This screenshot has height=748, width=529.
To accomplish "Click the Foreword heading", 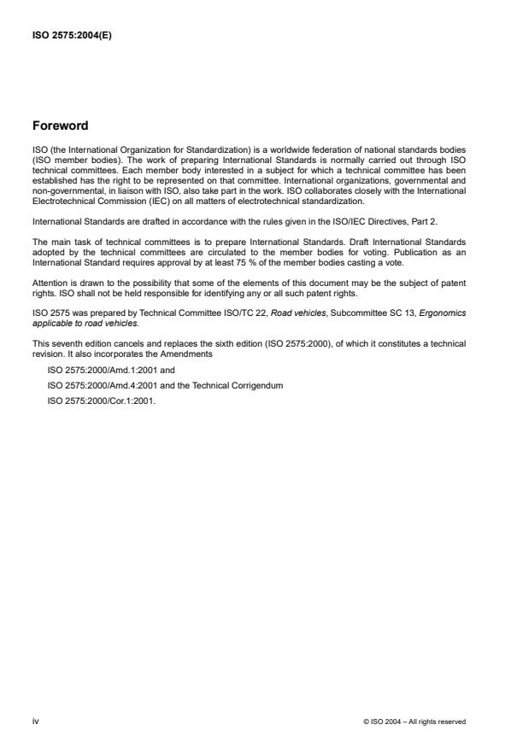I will (x=60, y=126).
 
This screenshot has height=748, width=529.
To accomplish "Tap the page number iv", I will (x=35, y=722).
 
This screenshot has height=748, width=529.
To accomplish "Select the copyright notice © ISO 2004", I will (x=414, y=722).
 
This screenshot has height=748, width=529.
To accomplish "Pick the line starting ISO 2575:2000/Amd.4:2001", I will (x=165, y=386).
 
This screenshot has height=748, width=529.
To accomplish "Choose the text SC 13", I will (x=402, y=314).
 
